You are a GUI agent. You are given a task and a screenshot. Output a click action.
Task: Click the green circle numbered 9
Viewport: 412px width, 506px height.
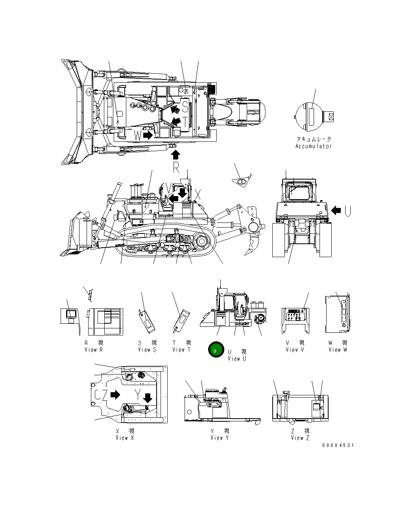pyautogui.click(x=215, y=350)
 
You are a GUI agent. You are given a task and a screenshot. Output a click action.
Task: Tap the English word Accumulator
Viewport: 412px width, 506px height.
pyautogui.click(x=314, y=146)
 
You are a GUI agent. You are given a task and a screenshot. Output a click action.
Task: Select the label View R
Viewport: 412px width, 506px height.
pyautogui.click(x=94, y=350)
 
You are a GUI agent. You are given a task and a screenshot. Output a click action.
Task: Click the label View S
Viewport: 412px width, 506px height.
pyautogui.click(x=147, y=350)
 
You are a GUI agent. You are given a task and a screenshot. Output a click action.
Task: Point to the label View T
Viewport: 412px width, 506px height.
pyautogui.click(x=181, y=350)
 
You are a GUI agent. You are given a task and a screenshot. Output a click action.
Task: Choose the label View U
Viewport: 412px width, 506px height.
pyautogui.click(x=237, y=358)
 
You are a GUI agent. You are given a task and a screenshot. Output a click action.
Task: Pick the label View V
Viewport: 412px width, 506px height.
pyautogui.click(x=295, y=350)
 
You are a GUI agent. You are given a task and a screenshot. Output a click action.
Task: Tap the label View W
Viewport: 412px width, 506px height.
pyautogui.click(x=338, y=350)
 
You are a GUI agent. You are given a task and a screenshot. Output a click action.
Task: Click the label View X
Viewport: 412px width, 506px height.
pyautogui.click(x=125, y=438)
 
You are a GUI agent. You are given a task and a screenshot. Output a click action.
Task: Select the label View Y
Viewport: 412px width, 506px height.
pyautogui.click(x=220, y=438)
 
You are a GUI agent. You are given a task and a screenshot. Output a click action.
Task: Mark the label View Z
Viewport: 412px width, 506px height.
pyautogui.click(x=300, y=438)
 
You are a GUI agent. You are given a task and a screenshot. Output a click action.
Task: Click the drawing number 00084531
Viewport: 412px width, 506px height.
pyautogui.click(x=338, y=445)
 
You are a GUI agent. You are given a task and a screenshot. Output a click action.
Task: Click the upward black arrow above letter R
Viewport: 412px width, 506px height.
pyautogui.click(x=176, y=154)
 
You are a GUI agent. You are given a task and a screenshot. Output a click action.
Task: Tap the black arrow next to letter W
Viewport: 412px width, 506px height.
pyautogui.click(x=148, y=135)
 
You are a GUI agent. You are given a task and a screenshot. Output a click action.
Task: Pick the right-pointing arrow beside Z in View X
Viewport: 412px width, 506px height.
pyautogui.click(x=115, y=395)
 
